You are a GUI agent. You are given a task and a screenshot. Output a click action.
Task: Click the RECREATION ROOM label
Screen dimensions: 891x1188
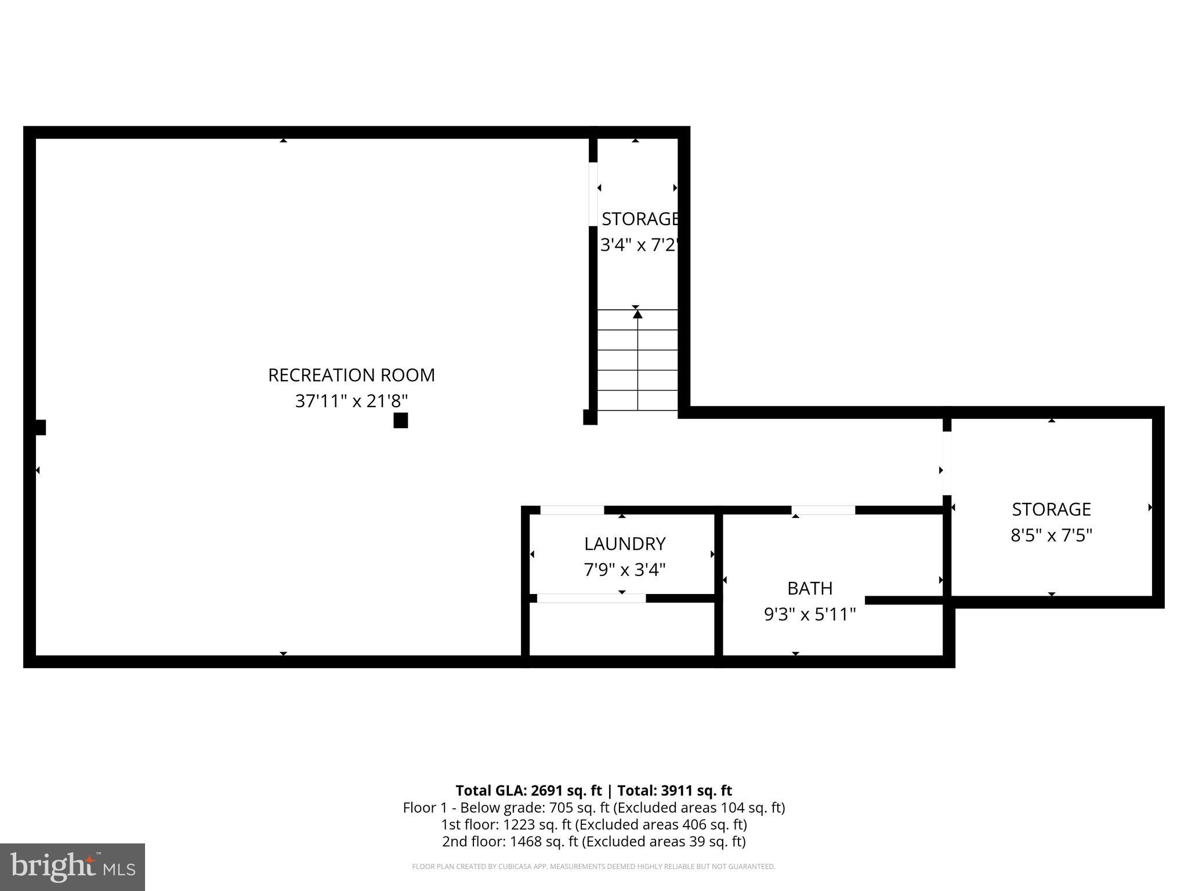[351, 375]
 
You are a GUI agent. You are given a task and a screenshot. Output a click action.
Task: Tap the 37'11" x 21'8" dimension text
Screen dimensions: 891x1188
[351, 401]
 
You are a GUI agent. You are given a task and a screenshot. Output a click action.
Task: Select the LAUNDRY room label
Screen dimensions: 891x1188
[624, 544]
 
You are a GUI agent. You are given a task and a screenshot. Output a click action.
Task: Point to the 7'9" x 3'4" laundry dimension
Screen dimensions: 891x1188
[624, 570]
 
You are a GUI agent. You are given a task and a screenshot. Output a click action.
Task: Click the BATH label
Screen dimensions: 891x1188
[809, 588]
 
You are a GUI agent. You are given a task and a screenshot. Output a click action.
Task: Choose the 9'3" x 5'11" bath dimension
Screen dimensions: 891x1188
[809, 614]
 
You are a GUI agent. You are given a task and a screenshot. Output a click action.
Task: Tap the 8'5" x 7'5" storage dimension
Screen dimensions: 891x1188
[1051, 535]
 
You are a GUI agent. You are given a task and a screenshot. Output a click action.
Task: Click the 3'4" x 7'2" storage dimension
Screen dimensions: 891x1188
[638, 245]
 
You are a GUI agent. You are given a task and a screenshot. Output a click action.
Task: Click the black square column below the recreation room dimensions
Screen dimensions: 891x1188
[400, 421]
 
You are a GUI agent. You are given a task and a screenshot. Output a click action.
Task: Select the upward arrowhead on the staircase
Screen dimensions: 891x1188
[638, 314]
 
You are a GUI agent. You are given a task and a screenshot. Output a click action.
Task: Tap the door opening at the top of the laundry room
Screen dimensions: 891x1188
[572, 510]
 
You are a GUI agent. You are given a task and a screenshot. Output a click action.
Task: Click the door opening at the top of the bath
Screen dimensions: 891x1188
[823, 510]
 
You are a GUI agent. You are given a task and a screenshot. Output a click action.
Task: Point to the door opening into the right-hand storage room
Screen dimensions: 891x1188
[947, 463]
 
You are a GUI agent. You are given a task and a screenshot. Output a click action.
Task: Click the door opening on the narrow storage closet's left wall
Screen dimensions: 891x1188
[593, 194]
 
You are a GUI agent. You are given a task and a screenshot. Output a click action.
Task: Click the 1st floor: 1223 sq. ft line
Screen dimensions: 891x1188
[593, 824]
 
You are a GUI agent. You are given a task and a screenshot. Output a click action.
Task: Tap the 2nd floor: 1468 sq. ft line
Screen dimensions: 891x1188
[593, 841]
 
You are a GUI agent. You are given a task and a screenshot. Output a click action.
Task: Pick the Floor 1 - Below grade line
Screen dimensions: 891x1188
[593, 807]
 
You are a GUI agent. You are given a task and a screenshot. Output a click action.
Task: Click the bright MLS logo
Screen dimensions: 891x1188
[72, 867]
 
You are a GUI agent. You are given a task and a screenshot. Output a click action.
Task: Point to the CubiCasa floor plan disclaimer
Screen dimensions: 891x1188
[593, 867]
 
